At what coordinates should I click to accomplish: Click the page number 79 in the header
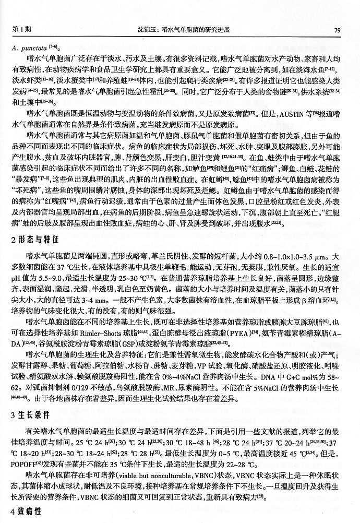tap(338, 30)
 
